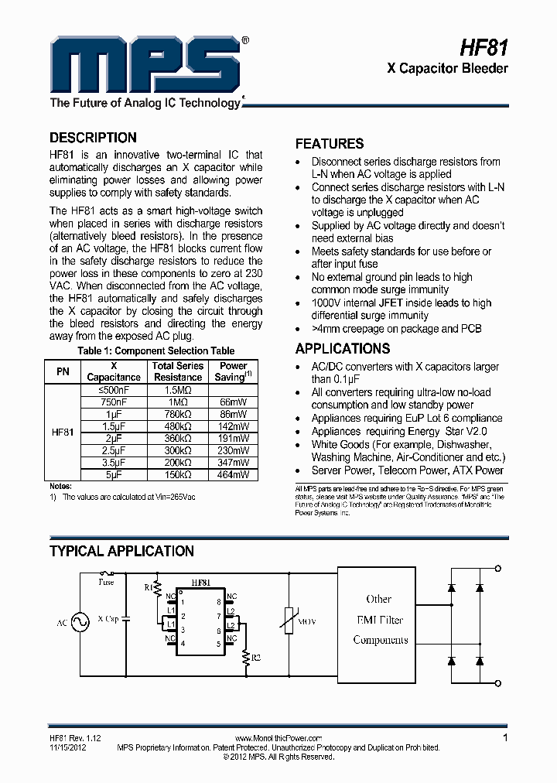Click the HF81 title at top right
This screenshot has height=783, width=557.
click(x=484, y=47)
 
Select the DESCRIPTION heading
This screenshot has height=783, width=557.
click(x=93, y=138)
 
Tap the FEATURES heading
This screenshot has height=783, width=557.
click(x=330, y=144)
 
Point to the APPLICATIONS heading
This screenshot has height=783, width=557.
click(x=343, y=349)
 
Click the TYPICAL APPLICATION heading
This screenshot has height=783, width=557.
click(x=121, y=552)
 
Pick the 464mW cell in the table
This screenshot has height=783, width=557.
click(x=234, y=474)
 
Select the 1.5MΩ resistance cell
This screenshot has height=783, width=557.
click(x=178, y=391)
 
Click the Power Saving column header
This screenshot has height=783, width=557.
click(x=234, y=371)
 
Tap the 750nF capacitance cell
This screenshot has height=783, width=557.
click(x=114, y=402)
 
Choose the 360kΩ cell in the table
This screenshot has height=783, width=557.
click(x=178, y=438)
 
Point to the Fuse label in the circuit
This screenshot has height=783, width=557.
click(x=105, y=583)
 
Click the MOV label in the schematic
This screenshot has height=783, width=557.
click(x=306, y=621)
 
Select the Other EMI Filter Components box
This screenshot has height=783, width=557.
click(x=379, y=620)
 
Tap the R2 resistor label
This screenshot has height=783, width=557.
click(x=256, y=656)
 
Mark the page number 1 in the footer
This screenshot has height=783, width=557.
click(x=505, y=738)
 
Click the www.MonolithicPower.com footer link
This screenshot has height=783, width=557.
click(x=278, y=739)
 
